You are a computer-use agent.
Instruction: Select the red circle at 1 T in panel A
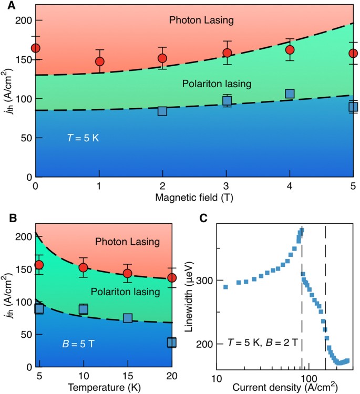[100, 61]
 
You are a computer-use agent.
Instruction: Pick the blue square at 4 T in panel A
[290, 94]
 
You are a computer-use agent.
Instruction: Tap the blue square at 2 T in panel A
[162, 111]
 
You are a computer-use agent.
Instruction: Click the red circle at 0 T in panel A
[36, 48]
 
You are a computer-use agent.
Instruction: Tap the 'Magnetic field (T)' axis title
[194, 198]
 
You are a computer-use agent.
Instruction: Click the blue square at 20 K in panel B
[172, 343]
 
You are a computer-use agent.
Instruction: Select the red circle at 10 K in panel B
[83, 267]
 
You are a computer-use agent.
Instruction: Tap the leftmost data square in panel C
[225, 287]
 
